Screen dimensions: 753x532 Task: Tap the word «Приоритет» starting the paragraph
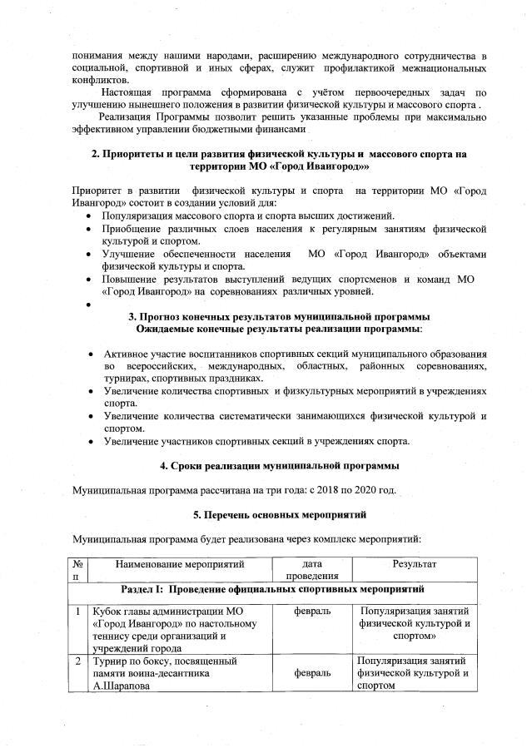click(x=98, y=191)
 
